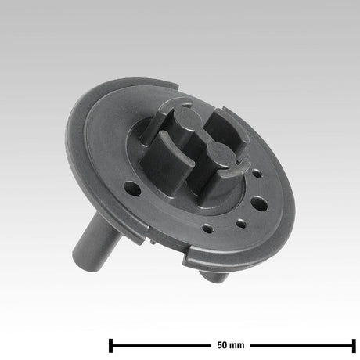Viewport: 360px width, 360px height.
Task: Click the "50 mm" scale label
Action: pyautogui.click(x=232, y=344)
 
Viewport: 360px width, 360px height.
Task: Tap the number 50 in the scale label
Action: pyautogui.click(x=222, y=344)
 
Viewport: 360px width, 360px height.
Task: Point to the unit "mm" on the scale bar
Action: pyautogui.click(x=238, y=344)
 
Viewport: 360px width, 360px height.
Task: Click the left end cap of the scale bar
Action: pyautogui.click(x=111, y=344)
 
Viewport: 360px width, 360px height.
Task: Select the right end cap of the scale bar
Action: pyautogui.click(x=354, y=344)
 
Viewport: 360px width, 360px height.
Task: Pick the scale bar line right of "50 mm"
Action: pyautogui.click(x=301, y=344)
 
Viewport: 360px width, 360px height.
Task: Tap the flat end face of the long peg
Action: pyautogui.click(x=82, y=258)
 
